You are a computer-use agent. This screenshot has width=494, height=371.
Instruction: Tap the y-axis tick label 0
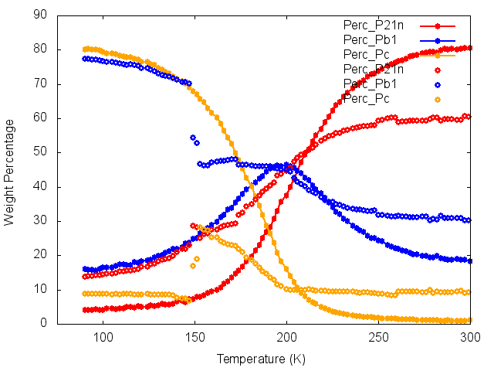tap(46, 323)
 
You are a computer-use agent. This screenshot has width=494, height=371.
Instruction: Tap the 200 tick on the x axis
tap(286, 338)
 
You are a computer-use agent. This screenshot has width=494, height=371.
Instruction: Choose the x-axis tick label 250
tap(378, 338)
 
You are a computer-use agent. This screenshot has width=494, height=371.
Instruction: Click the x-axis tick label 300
tap(470, 338)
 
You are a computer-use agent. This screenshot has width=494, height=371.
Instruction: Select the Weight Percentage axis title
tap(9, 169)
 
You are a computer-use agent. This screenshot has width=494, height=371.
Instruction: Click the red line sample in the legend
tap(438, 25)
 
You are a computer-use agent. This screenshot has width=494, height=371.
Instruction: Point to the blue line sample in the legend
tap(438, 39)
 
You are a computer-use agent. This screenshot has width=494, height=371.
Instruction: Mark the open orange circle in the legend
tap(438, 99)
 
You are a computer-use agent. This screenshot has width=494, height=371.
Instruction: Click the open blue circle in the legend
tap(438, 84)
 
